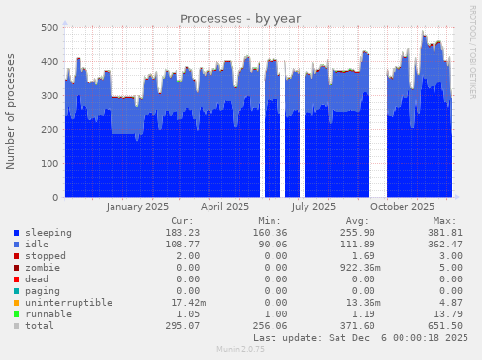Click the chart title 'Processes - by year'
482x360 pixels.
coord(241,18)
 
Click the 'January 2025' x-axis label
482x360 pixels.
coord(137,206)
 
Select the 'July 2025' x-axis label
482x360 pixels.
coord(312,206)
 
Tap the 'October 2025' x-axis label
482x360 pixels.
coord(402,206)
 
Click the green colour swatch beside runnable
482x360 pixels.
coord(17,314)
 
